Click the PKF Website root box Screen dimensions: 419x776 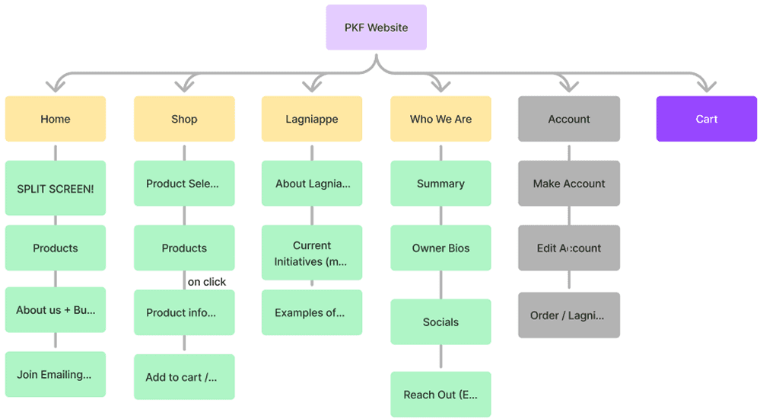coord(376,27)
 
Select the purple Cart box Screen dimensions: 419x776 coord(706,119)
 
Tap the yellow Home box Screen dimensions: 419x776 coord(55,119)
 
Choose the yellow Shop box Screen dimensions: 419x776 coord(184,119)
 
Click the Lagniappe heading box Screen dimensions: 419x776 coord(311,119)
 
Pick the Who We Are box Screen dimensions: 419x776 coord(440,119)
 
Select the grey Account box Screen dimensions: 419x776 coord(568,119)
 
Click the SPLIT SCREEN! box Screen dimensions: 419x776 coord(55,188)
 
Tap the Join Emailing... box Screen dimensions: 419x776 coord(55,374)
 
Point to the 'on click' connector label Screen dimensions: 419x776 coord(207,282)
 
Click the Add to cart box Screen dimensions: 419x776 coord(184,377)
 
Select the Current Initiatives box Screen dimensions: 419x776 coord(311,253)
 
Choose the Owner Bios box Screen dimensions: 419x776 coord(440,248)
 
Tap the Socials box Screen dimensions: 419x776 coord(440,321)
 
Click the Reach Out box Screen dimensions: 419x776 coord(440,395)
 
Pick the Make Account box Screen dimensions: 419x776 coord(568,184)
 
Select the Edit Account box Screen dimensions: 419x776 coord(568,248)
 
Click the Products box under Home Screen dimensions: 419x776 coord(55,248)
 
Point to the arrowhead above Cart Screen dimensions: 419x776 coord(707,87)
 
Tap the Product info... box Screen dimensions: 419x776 coord(184,312)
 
